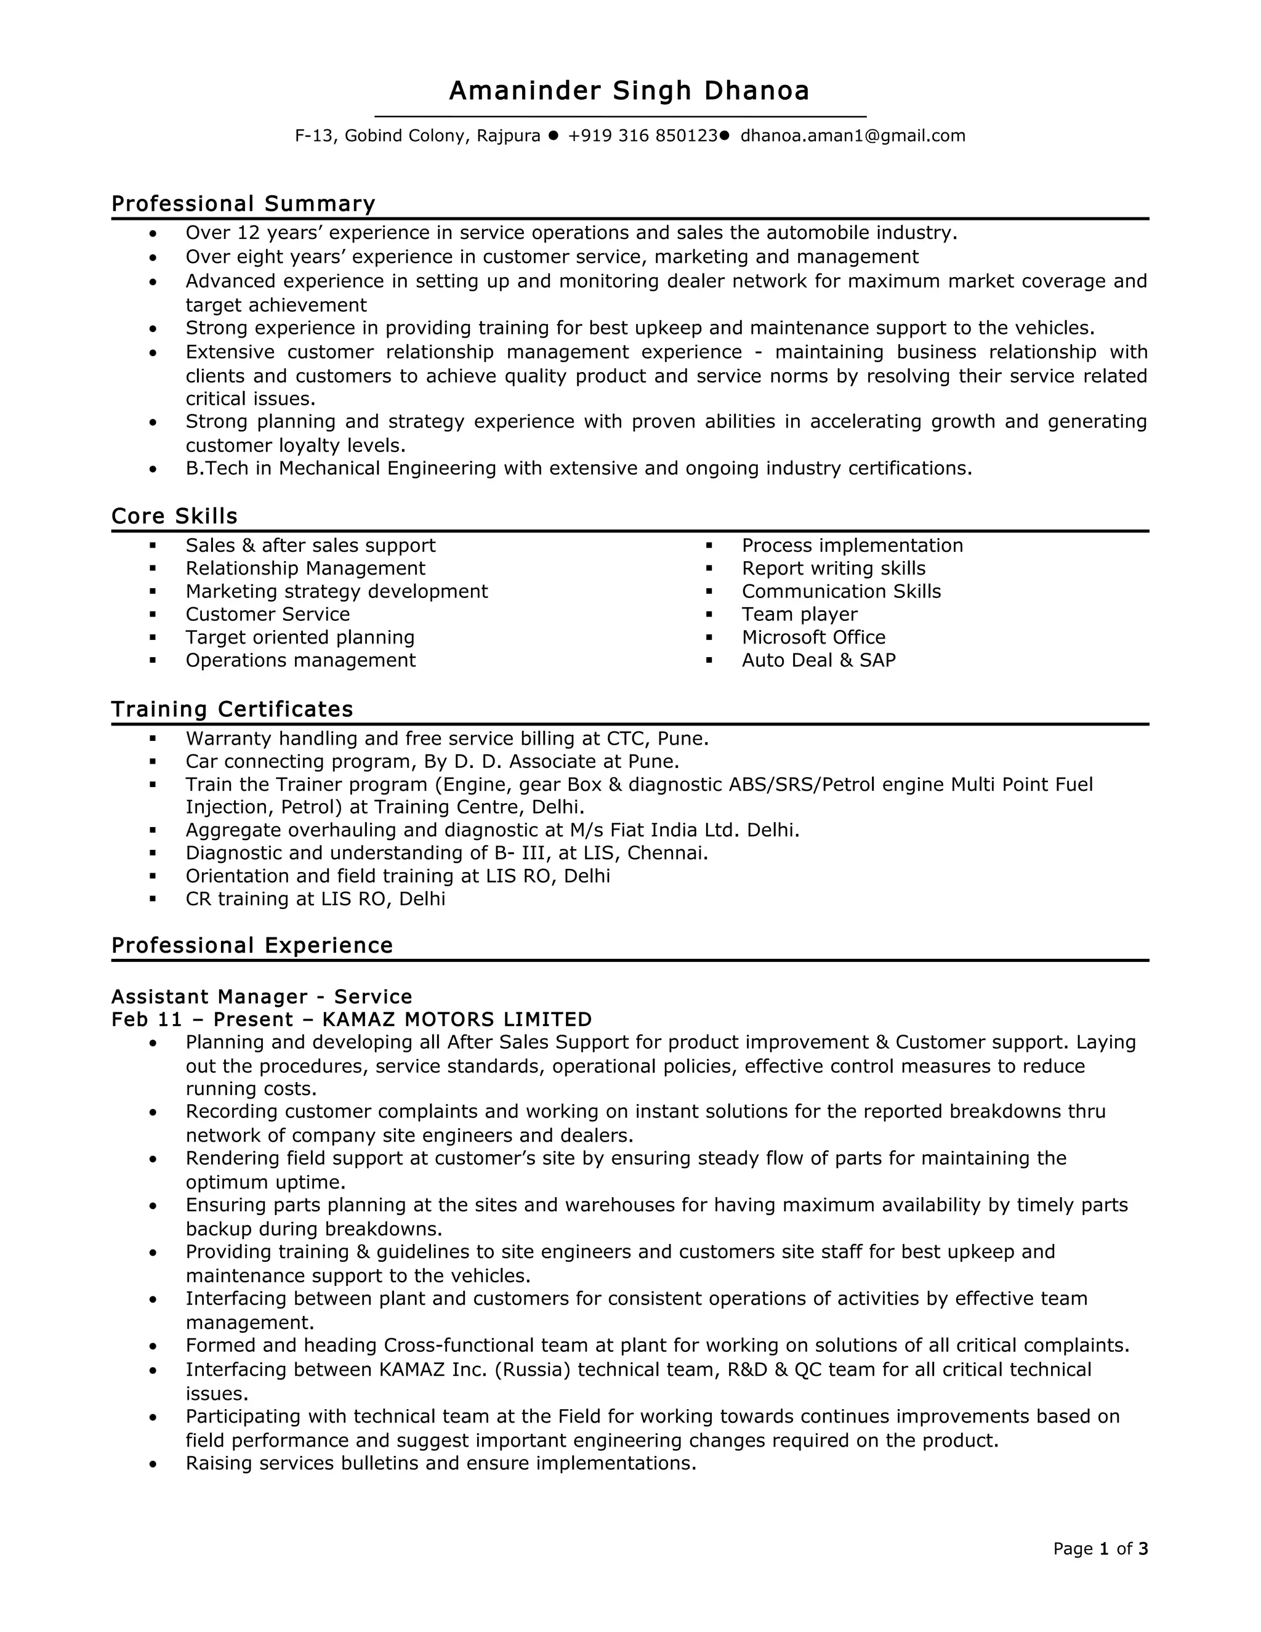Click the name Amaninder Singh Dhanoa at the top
point(629,91)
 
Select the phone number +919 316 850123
point(642,136)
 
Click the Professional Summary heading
point(243,203)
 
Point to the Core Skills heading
point(174,515)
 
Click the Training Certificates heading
point(232,708)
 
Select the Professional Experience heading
point(252,945)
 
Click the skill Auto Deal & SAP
point(818,660)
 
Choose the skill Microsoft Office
point(813,637)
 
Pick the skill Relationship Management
point(305,568)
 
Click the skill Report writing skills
point(833,568)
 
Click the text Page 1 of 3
point(1100,1548)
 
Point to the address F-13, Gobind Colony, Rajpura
point(417,136)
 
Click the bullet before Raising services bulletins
point(153,1463)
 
